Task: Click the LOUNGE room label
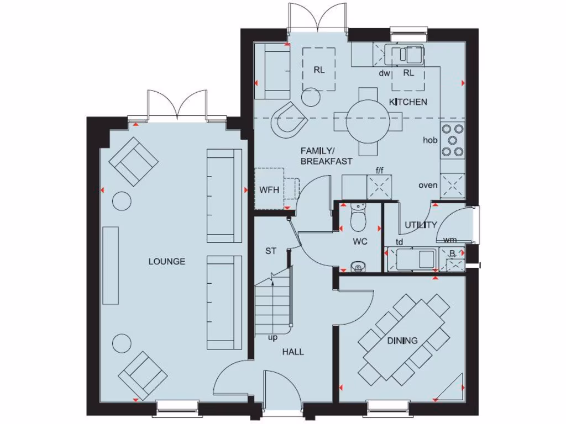(x=166, y=261)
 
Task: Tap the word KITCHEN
(x=408, y=102)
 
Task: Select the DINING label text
(x=402, y=340)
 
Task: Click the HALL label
(x=293, y=352)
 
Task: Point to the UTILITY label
(x=421, y=225)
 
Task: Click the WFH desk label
(x=269, y=190)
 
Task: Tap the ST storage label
(x=270, y=251)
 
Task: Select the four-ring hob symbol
(x=452, y=140)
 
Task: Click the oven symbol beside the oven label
(x=453, y=185)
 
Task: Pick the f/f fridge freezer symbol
(x=380, y=187)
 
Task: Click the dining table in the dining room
(x=405, y=340)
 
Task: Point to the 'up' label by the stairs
(x=272, y=337)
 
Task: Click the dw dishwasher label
(x=385, y=73)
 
